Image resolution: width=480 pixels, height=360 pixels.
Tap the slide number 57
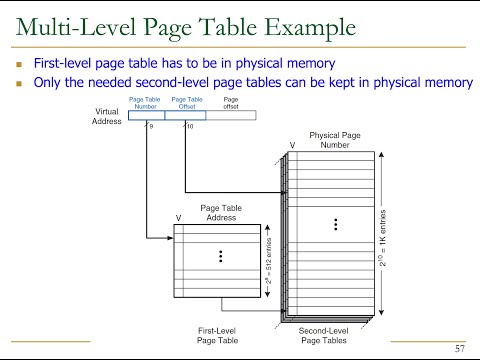click(x=459, y=348)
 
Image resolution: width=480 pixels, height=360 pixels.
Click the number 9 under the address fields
click(x=151, y=127)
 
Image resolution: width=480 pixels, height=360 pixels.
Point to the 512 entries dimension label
click(x=265, y=265)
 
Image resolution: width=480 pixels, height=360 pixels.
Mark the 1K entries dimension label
click(x=382, y=229)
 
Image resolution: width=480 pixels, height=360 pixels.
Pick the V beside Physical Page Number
click(x=292, y=146)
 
